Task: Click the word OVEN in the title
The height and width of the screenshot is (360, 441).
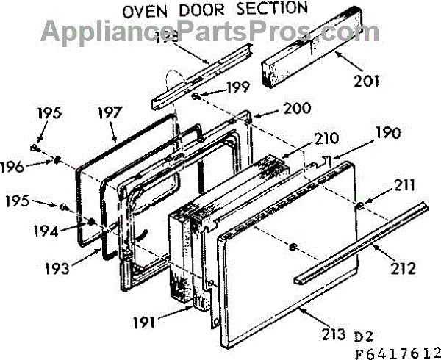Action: tap(143, 10)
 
